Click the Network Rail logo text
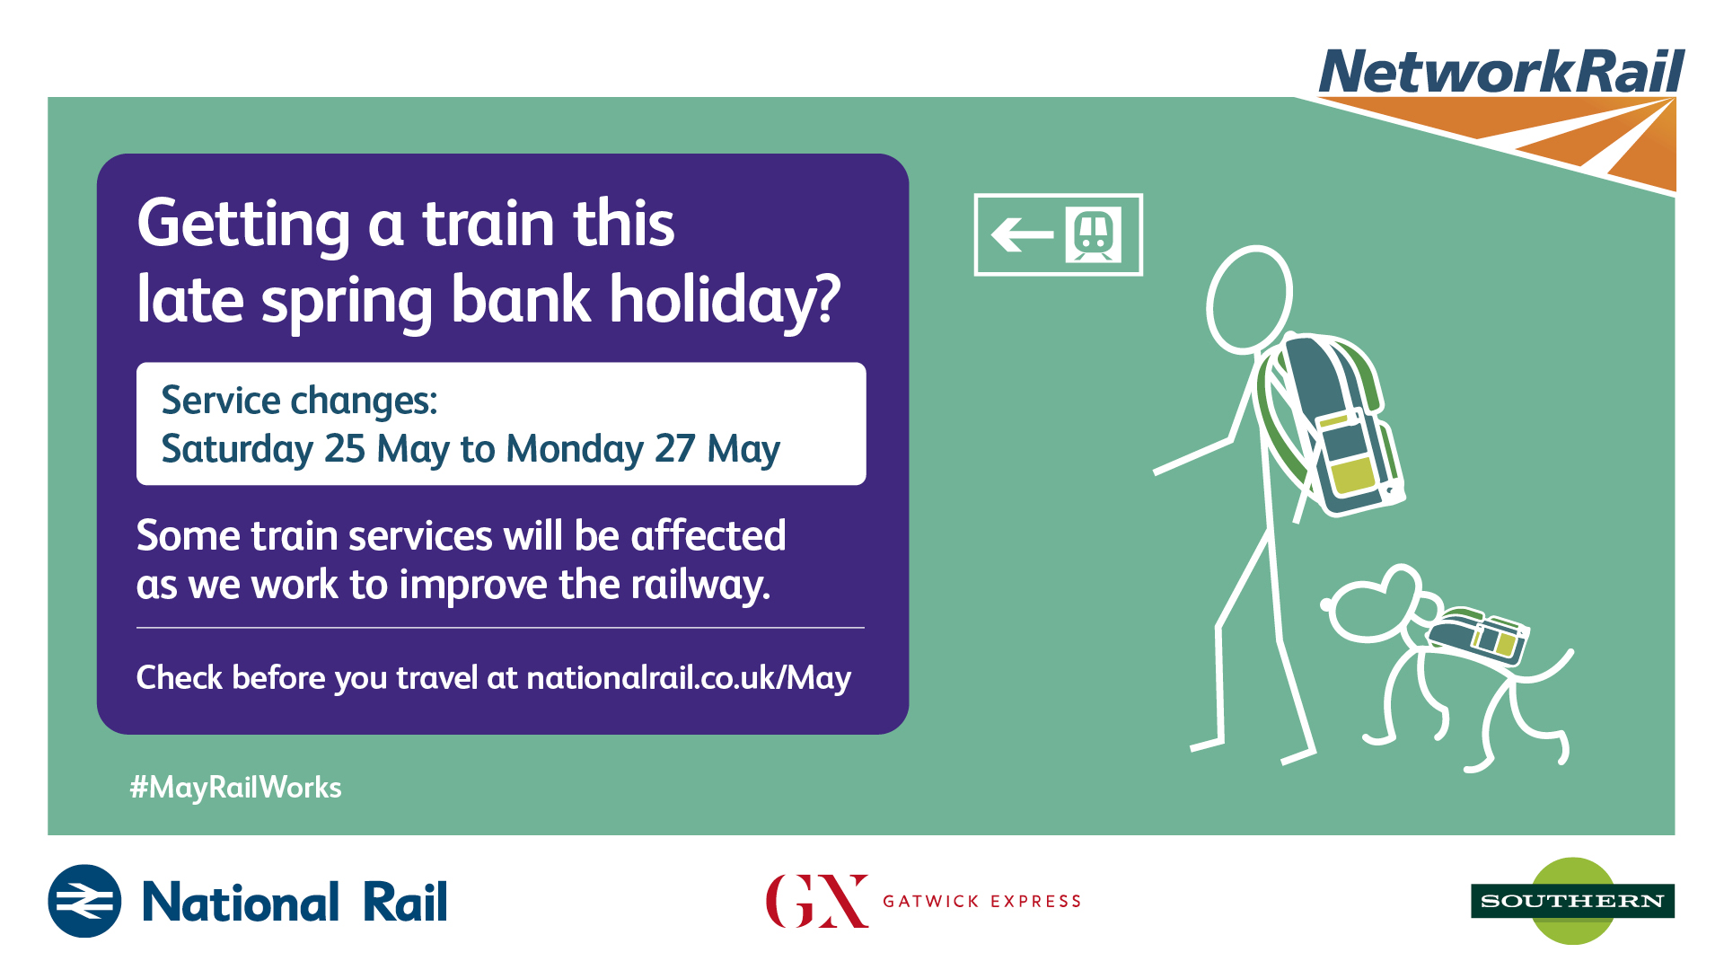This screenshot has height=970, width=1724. [1501, 71]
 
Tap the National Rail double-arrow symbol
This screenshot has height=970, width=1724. [84, 901]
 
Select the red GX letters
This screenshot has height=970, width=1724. [817, 901]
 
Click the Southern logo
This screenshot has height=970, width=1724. [1573, 901]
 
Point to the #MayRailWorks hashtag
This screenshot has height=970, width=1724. [235, 788]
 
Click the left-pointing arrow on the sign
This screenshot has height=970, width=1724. [1022, 235]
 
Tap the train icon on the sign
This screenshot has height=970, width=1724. [1094, 234]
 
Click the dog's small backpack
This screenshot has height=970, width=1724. [1478, 635]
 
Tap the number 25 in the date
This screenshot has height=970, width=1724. [345, 448]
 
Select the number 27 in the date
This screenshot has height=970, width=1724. [675, 448]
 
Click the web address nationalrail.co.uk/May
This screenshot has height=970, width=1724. [689, 677]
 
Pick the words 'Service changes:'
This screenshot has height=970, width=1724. [299, 401]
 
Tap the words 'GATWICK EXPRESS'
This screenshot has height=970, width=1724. [982, 901]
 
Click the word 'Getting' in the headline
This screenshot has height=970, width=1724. [243, 225]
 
